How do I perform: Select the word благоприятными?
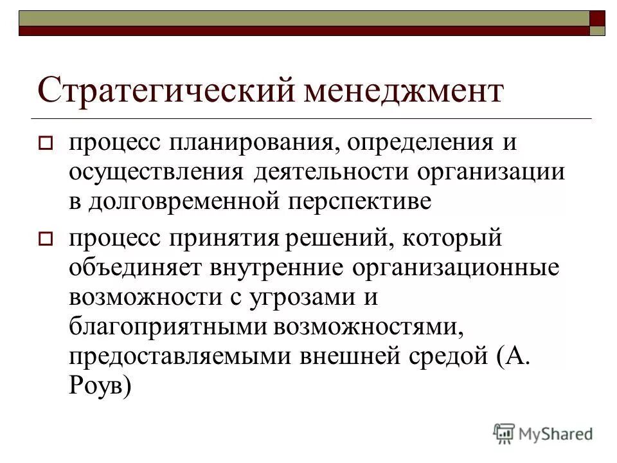pos(168,327)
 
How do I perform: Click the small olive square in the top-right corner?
pos(597,30)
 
